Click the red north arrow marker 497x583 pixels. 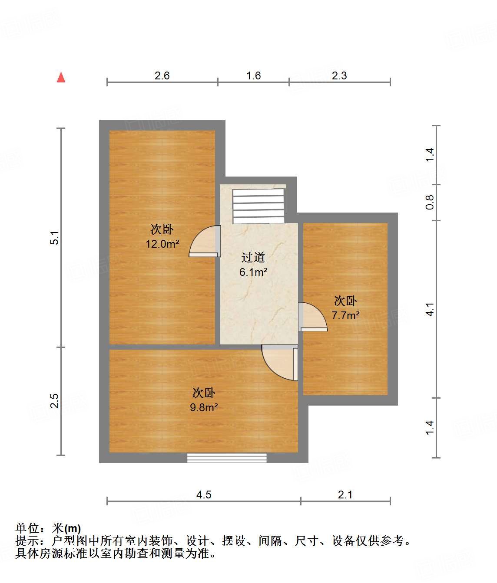point(61,78)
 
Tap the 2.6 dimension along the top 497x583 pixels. point(162,76)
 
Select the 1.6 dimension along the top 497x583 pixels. point(253,76)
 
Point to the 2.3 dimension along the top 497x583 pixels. point(339,76)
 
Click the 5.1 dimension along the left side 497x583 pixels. point(55,238)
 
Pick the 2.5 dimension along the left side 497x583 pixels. point(55,401)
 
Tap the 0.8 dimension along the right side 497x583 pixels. point(430,202)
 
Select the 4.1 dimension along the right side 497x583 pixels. point(430,309)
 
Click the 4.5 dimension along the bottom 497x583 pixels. point(204,495)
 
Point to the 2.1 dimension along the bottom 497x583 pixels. point(345,495)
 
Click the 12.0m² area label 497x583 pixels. point(162,244)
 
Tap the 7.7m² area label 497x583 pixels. point(345,316)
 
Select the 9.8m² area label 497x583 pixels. point(204,408)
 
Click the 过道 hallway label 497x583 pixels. point(253,258)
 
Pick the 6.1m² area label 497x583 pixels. point(253,272)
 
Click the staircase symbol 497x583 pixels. point(259,206)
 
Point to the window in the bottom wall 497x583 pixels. point(226,458)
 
